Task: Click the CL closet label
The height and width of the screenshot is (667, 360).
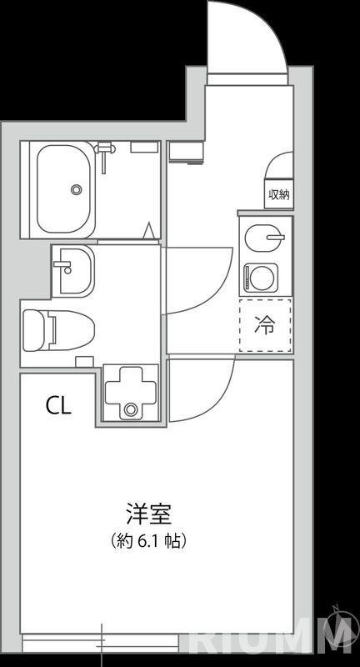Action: click(x=58, y=406)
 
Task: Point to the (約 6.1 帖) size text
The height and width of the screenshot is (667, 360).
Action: click(x=148, y=540)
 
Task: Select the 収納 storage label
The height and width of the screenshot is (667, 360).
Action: click(x=278, y=194)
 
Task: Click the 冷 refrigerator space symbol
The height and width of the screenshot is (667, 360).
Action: click(x=265, y=325)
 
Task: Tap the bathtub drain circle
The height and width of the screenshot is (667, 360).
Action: click(x=77, y=189)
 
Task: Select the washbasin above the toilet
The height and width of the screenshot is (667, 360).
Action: click(x=73, y=271)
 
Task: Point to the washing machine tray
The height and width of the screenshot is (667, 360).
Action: click(x=130, y=393)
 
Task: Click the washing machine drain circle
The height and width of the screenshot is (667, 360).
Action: click(x=131, y=409)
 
